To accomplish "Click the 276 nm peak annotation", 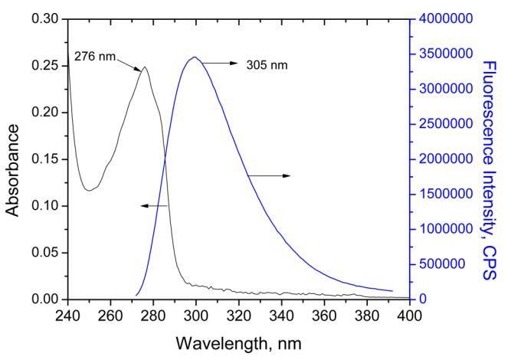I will pyautogui.click(x=94, y=55).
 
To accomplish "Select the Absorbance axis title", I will pyautogui.click(x=13, y=159).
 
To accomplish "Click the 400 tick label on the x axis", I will pyautogui.click(x=409, y=316).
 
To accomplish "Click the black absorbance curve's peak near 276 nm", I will pyautogui.click(x=144, y=67).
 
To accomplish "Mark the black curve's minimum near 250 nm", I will pyautogui.click(x=90, y=189).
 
